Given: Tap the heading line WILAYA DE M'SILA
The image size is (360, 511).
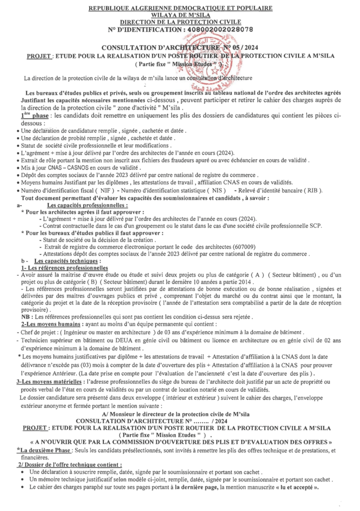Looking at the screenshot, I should [180, 15].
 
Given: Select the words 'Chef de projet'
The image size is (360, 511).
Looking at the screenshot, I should [36, 332].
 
